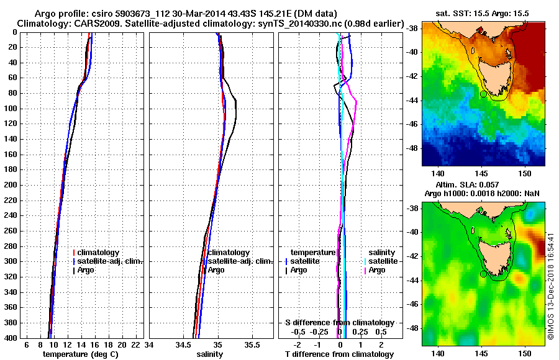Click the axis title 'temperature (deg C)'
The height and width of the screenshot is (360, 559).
tap(81, 354)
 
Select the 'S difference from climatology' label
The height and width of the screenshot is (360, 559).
tap(339, 323)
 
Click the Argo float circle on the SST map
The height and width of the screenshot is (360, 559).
tap(484, 94)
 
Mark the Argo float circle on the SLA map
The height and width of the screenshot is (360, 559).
tap(484, 274)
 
